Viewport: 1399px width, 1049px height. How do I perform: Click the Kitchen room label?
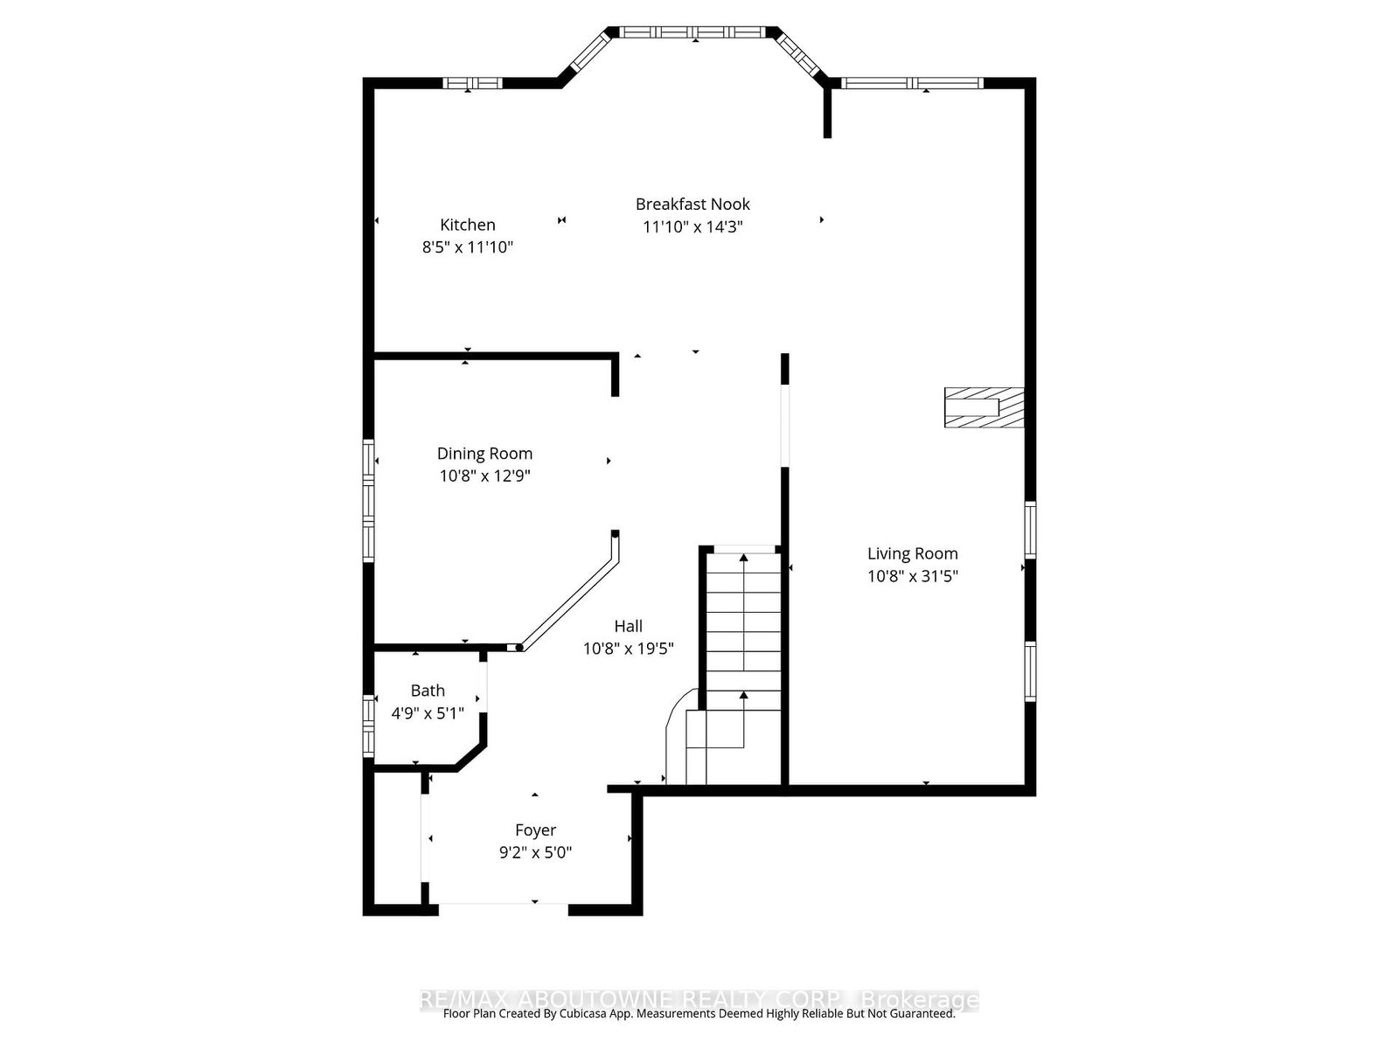tap(467, 225)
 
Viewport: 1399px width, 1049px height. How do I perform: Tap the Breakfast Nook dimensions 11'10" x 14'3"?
tap(693, 226)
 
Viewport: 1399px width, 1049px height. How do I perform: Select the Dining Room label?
tap(484, 453)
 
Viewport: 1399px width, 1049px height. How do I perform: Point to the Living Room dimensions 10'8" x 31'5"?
tap(912, 576)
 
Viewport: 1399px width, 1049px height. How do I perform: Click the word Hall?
tap(628, 626)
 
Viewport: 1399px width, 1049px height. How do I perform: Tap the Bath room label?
tap(428, 691)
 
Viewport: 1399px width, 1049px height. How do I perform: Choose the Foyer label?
tap(535, 830)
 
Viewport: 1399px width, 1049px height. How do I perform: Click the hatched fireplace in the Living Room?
tap(983, 407)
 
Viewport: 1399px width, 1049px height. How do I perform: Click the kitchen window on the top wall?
tap(471, 83)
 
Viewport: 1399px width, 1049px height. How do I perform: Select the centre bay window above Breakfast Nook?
tap(695, 32)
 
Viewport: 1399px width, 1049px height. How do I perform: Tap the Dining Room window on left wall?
tap(369, 499)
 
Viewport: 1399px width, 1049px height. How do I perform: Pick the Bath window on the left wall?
tap(369, 725)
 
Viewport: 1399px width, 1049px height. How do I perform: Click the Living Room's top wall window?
tap(911, 83)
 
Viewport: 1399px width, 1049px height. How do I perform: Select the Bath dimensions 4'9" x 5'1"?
tap(428, 713)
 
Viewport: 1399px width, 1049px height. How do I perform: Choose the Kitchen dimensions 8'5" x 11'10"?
tap(467, 247)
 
